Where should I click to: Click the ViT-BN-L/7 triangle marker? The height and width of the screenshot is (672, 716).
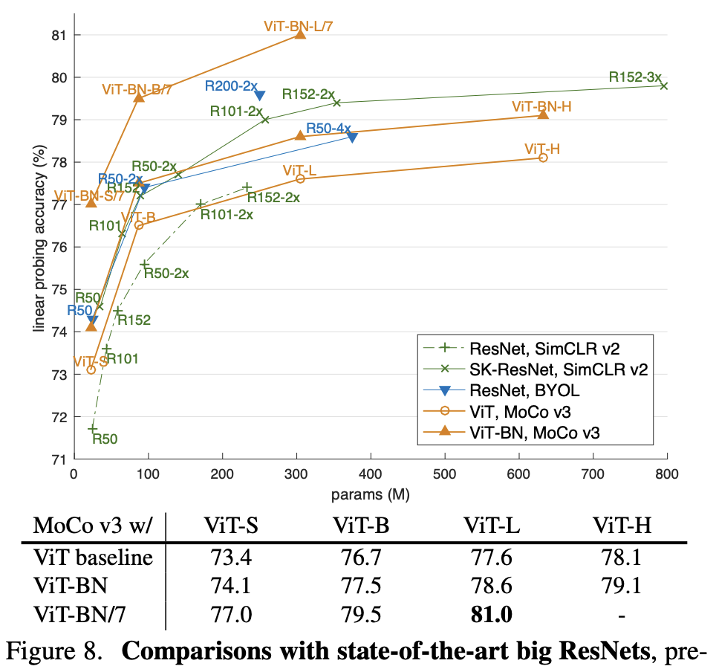(300, 34)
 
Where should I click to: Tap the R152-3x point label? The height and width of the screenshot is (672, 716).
(634, 77)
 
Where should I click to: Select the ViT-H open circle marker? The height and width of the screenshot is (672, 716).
(543, 158)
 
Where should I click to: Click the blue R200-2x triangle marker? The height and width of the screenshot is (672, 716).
(260, 94)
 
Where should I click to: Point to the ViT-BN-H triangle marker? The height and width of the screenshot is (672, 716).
(543, 114)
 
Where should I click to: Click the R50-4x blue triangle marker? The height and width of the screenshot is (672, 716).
(352, 137)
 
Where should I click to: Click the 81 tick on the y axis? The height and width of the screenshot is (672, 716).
(58, 35)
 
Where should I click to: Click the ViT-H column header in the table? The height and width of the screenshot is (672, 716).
(622, 526)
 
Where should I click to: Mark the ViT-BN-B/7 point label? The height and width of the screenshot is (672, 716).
(137, 89)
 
